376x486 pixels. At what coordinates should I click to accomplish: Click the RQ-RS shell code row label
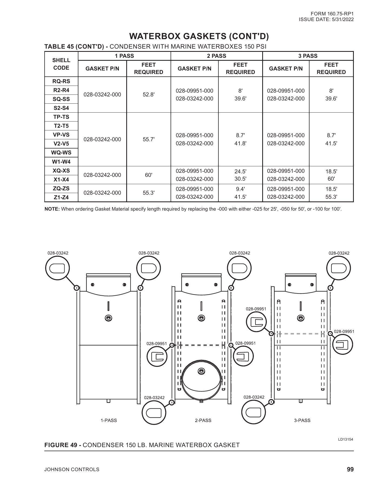coord(61,81)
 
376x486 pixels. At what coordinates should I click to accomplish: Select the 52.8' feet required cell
coord(148,95)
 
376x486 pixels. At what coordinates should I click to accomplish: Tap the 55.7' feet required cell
coord(148,139)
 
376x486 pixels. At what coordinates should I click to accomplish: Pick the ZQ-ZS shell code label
coord(61,188)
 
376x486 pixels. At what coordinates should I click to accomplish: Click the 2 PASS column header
coord(217,56)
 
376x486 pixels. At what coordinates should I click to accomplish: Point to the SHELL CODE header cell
coord(61,64)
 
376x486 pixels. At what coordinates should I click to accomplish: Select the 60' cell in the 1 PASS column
coord(148,175)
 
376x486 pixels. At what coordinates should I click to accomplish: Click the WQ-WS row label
coord(61,153)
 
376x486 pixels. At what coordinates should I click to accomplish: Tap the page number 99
coord(350,469)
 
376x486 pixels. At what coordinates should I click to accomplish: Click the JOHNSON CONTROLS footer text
coord(72,470)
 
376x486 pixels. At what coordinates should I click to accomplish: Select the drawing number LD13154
coord(345,439)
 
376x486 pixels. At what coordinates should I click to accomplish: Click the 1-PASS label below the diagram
coord(109,420)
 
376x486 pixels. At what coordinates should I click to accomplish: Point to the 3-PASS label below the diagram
coord(302,420)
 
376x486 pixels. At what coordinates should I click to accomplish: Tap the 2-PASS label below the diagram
coord(203,420)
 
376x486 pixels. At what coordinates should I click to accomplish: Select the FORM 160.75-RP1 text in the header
coord(332,14)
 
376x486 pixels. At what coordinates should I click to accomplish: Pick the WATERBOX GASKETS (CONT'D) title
coord(199,36)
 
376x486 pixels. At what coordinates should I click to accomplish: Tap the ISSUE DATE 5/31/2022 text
coord(326,19)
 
